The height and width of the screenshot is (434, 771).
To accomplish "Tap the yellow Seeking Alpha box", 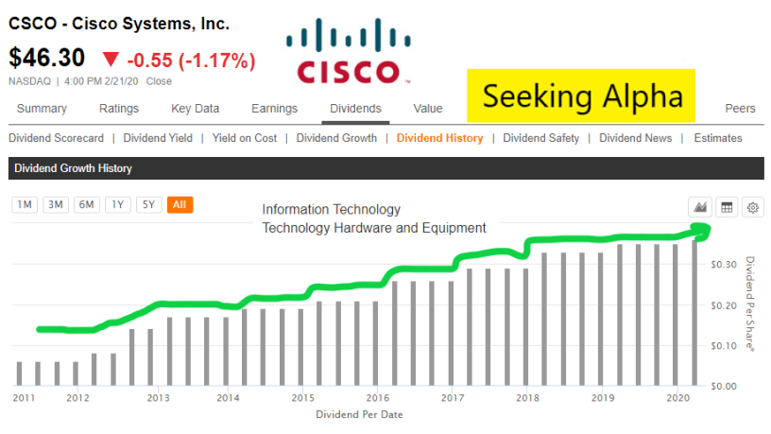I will tap(580, 95).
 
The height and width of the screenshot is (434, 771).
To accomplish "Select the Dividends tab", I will tap(355, 109).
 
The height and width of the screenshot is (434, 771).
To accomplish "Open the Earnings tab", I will tap(274, 109).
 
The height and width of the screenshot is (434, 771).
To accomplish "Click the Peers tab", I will tap(740, 109).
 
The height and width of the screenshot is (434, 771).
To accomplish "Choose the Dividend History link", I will tap(439, 138).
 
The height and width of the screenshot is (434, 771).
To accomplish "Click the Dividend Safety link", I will tap(541, 138).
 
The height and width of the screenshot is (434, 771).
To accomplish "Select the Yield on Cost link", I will tap(245, 138).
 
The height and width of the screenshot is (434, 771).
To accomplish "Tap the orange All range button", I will tap(180, 204).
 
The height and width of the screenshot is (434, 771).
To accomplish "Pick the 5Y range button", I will tap(148, 204).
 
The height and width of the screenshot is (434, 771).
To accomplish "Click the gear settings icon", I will tap(753, 207).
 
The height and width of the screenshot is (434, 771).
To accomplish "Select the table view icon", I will tap(728, 207).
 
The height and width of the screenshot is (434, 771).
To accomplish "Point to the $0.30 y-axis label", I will tap(723, 265).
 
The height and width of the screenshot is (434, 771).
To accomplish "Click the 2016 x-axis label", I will tap(377, 398).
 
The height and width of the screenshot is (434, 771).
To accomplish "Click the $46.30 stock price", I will tap(47, 59).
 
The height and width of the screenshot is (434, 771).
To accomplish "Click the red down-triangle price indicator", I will tap(111, 61).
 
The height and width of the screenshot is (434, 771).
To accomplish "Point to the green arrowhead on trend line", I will tap(701, 228).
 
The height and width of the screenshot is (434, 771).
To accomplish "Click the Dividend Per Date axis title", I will tap(364, 414).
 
